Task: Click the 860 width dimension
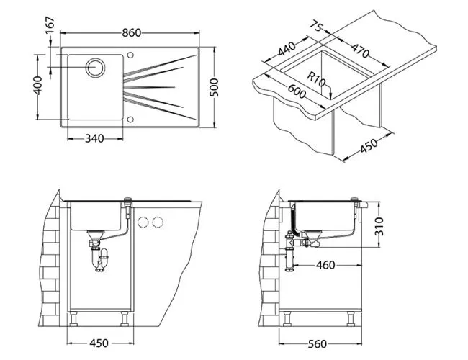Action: point(131,32)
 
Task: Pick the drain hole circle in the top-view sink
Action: point(95,68)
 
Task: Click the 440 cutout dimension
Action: point(287,50)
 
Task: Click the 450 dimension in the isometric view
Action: point(368,147)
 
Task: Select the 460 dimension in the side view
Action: point(325,266)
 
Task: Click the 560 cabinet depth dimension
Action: point(317,343)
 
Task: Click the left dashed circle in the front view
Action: point(143,222)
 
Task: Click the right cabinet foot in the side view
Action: point(354,318)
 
